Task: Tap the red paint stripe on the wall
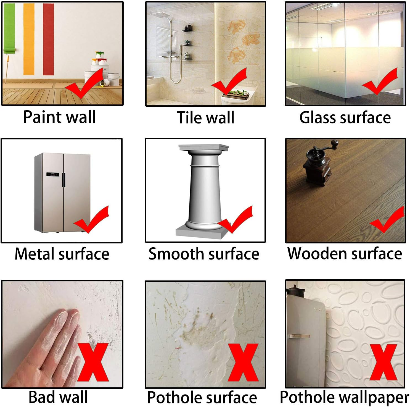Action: [48, 39]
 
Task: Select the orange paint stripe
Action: [29, 39]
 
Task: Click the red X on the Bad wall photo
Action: [93, 362]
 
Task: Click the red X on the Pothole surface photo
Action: [243, 362]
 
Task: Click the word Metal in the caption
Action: [35, 254]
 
